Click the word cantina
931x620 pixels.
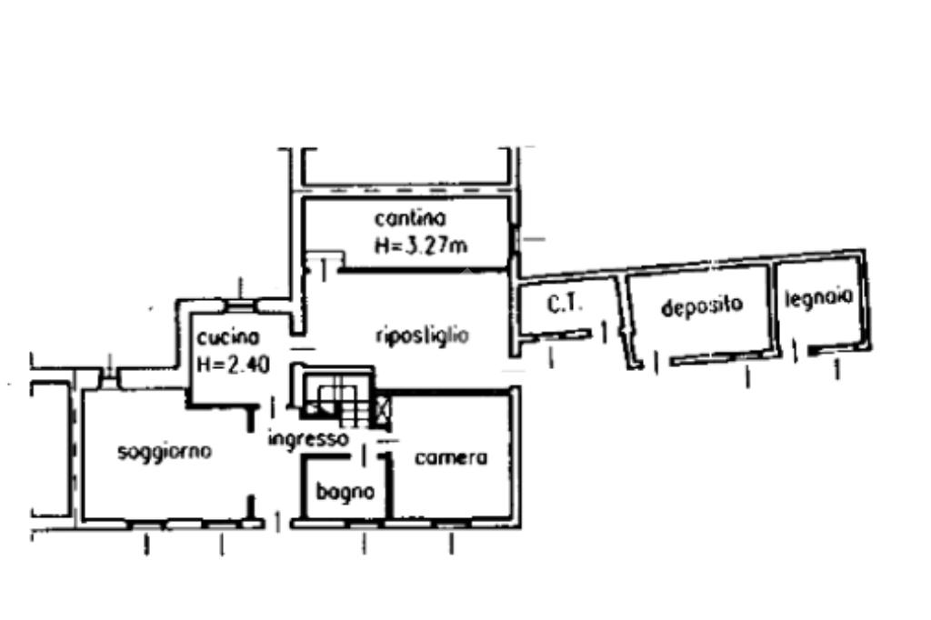pos(410,218)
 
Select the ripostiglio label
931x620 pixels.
pos(422,335)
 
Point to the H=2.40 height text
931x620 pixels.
pos(233,365)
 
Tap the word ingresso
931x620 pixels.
pos(308,440)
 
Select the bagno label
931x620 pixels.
pos(345,492)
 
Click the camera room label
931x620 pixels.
pos(451,458)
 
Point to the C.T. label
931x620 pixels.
pos(565,305)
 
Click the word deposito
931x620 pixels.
pos(702,306)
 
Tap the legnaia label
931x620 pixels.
pos(818,297)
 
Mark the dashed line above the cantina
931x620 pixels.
pos(405,189)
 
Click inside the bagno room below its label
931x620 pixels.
pos(345,509)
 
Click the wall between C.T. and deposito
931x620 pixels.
pos(623,318)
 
